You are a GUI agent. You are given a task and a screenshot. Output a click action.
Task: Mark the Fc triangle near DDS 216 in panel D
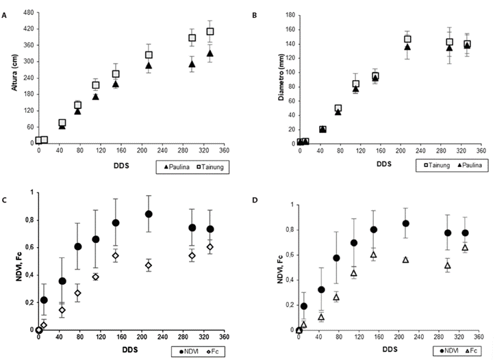[x=406, y=260]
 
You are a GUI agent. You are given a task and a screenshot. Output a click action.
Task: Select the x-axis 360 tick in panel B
[x=483, y=151]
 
